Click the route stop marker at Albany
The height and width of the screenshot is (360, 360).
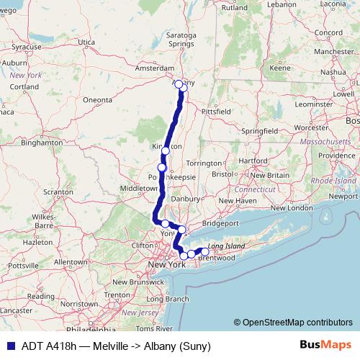click(179, 84)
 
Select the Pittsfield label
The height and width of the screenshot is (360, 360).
click(215, 112)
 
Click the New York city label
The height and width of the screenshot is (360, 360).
click(166, 265)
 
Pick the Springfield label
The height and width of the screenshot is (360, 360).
click(260, 132)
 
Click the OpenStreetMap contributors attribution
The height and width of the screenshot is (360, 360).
click(295, 323)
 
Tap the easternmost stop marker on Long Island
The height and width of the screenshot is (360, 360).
click(205, 251)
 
